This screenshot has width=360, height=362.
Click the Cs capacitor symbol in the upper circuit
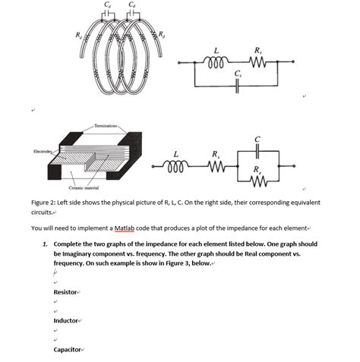(x=238, y=87)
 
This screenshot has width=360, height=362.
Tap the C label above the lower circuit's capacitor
(x=257, y=140)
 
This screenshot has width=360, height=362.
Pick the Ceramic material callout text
(x=84, y=188)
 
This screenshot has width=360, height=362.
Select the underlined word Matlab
(x=124, y=228)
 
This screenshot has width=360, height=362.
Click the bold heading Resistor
(x=65, y=292)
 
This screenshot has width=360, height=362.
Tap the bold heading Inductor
(x=66, y=321)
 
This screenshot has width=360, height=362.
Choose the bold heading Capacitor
(x=68, y=350)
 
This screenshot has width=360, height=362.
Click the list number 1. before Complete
(x=46, y=244)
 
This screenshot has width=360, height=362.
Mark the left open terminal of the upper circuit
(x=179, y=62)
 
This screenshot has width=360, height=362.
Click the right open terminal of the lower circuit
(x=294, y=166)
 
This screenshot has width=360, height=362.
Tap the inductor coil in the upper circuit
(x=216, y=61)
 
